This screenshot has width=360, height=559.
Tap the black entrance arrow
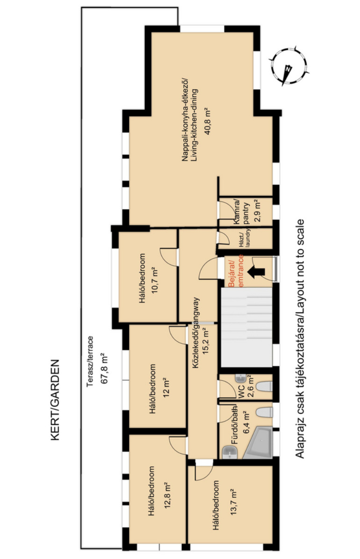[x=256, y=272]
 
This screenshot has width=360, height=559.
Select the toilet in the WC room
[x=265, y=386]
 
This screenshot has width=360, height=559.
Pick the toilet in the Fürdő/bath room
[x=265, y=413]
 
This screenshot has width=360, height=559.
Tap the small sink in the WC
[x=241, y=378]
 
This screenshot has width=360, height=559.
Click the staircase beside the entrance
[x=247, y=327]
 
